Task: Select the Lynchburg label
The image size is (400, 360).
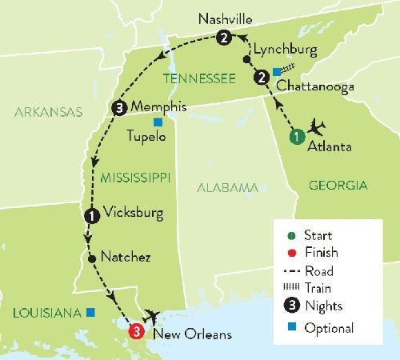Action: [x=282, y=50]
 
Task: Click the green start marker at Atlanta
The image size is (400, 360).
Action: [x=297, y=136]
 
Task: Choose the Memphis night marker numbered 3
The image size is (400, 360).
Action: [x=118, y=109]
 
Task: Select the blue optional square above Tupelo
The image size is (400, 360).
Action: [x=158, y=122]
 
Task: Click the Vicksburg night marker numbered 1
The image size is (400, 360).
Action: [x=90, y=214]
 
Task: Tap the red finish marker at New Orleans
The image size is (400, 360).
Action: [x=138, y=330]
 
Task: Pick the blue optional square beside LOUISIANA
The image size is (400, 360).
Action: [x=91, y=312]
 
